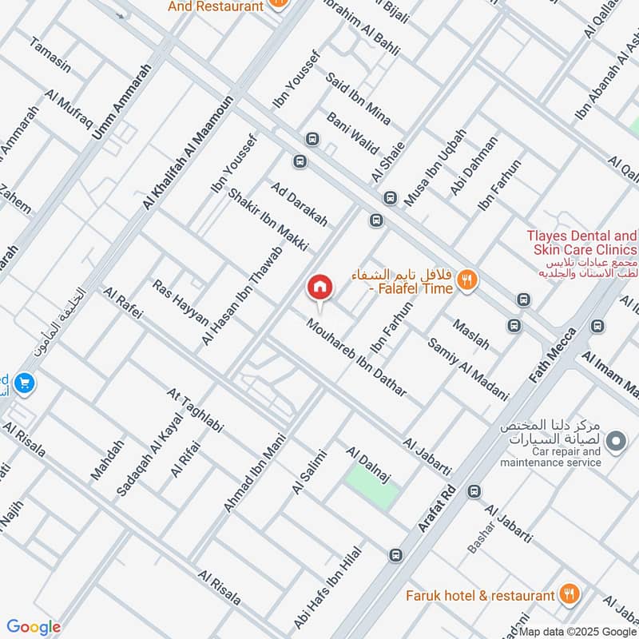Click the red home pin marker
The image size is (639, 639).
click(319, 287)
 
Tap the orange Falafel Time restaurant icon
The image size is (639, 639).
click(467, 280)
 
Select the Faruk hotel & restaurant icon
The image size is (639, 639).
click(569, 594)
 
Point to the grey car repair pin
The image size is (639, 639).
click(616, 440)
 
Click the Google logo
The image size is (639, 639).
click(33, 627)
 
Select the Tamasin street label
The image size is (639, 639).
click(51, 56)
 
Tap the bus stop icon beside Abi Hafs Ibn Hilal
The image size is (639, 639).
click(395, 554)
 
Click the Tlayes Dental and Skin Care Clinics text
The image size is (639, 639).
click(581, 242)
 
